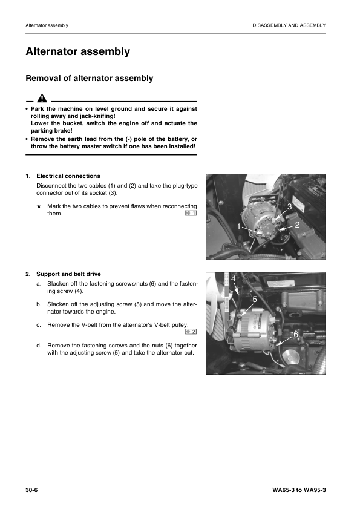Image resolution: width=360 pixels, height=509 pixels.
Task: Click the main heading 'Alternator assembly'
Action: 77,52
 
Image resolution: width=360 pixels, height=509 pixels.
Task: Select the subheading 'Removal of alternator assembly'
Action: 89,79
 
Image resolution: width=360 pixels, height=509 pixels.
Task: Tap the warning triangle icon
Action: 41,99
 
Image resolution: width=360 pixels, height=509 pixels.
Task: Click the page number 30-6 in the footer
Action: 33,488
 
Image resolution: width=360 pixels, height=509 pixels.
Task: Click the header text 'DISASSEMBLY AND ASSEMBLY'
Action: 289,25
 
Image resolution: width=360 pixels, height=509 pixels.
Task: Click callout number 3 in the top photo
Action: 289,207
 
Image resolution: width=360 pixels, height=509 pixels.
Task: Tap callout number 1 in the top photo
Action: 239,226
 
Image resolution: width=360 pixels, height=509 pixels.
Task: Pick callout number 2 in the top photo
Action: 297,225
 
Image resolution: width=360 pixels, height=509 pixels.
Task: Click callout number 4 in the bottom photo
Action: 234,278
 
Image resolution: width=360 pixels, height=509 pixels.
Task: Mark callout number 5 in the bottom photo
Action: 254,299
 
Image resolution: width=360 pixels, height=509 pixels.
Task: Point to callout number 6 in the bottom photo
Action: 295,335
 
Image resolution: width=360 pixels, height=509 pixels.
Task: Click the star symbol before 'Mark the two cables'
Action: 39,206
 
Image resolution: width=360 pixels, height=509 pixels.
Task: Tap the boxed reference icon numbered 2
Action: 191,332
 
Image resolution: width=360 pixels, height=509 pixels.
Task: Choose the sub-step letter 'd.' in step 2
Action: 39,345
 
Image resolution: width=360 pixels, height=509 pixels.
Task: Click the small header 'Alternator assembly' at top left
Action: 47,25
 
